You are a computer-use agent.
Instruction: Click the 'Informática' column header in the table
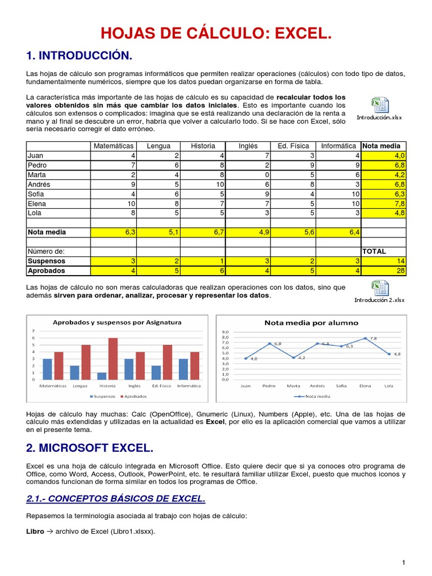coord(338,146)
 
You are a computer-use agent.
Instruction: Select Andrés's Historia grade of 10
coord(203,184)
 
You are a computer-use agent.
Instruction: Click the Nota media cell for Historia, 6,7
coord(203,232)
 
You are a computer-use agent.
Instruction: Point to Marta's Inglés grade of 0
coord(248,175)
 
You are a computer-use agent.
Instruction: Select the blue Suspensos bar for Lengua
coord(75,372)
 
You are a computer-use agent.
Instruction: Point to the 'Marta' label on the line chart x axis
coord(293,386)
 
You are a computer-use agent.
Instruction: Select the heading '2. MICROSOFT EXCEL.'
coord(89,449)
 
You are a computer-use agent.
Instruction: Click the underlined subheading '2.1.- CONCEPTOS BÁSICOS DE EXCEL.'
coord(116,499)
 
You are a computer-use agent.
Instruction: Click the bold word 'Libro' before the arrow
coord(35,531)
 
